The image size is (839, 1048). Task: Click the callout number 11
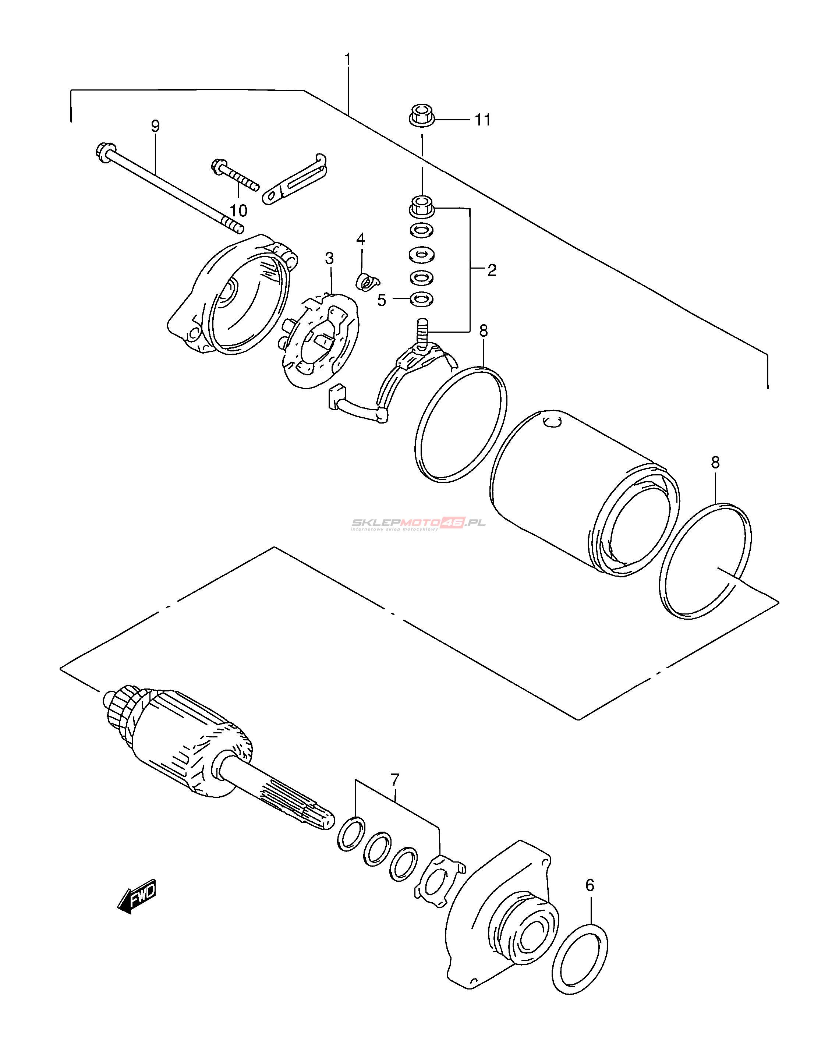pyautogui.click(x=483, y=120)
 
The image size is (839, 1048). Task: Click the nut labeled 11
pyautogui.click(x=421, y=115)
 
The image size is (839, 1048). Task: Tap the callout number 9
pyautogui.click(x=155, y=126)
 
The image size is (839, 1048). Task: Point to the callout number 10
pyautogui.click(x=239, y=210)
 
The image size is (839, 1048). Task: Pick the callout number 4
pyautogui.click(x=360, y=239)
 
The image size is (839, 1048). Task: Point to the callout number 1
pyautogui.click(x=347, y=59)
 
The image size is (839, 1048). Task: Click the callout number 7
pyautogui.click(x=395, y=780)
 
